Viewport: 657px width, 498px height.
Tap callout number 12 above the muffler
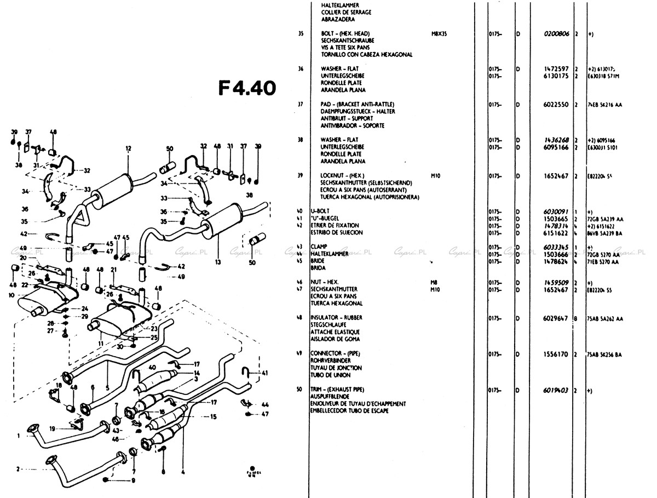click(x=129, y=148)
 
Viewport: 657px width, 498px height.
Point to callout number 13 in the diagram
click(x=218, y=262)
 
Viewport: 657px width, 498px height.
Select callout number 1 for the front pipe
click(x=19, y=436)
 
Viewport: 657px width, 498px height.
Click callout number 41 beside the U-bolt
click(x=265, y=373)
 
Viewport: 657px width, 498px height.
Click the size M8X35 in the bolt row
click(x=440, y=33)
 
